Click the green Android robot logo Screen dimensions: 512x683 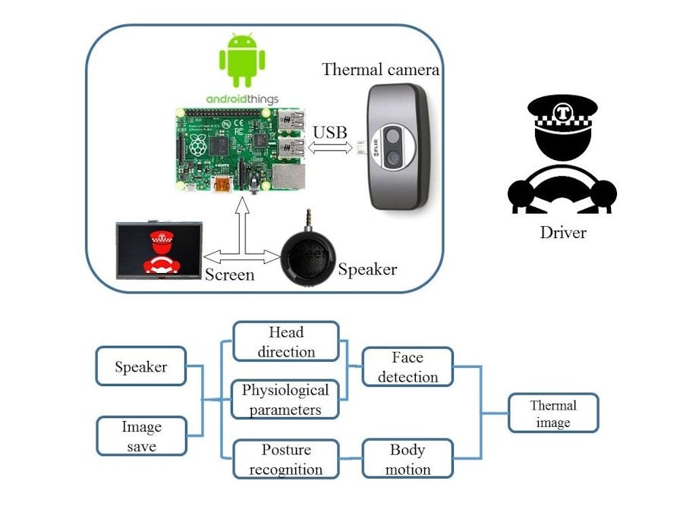[x=242, y=61]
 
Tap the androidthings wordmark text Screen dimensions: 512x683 [x=242, y=99]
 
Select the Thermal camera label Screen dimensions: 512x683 [x=380, y=70]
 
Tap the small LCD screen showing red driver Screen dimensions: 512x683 [x=159, y=250]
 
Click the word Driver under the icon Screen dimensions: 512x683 [x=563, y=232]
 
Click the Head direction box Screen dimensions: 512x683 [x=285, y=341]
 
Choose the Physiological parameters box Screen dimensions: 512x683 [x=285, y=400]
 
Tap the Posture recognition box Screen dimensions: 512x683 [x=285, y=460]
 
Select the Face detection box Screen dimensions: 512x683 [x=408, y=367]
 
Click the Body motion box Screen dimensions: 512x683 [x=408, y=460]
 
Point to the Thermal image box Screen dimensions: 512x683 [x=552, y=413]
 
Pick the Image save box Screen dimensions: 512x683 [x=141, y=436]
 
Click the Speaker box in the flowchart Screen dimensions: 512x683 [x=141, y=366]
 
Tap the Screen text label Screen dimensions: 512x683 [x=230, y=274]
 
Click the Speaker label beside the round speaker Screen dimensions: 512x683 [x=367, y=269]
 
